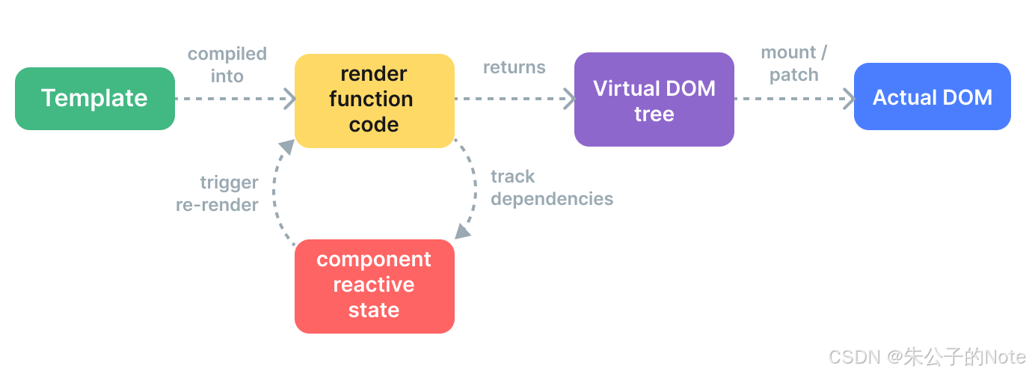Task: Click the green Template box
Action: [x=95, y=98]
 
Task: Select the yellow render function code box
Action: [x=375, y=101]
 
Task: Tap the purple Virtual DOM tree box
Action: [x=654, y=99]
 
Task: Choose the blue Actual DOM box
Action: [x=933, y=96]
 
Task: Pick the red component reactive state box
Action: [x=375, y=286]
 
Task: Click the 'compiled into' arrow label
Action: [x=227, y=65]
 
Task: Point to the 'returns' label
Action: [x=514, y=67]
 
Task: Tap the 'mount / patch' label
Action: [x=793, y=64]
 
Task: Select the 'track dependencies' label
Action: [x=552, y=188]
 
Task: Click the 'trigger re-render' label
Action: [x=218, y=194]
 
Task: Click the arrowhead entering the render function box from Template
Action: [x=290, y=99]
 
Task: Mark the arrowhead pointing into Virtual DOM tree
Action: [x=570, y=99]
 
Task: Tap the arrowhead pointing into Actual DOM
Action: [x=850, y=99]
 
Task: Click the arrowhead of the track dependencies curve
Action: [x=462, y=232]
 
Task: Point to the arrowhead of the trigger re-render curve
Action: [x=287, y=147]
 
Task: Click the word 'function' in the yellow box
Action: [x=371, y=99]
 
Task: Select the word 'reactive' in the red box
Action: [x=374, y=284]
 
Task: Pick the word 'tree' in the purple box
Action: [x=654, y=114]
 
